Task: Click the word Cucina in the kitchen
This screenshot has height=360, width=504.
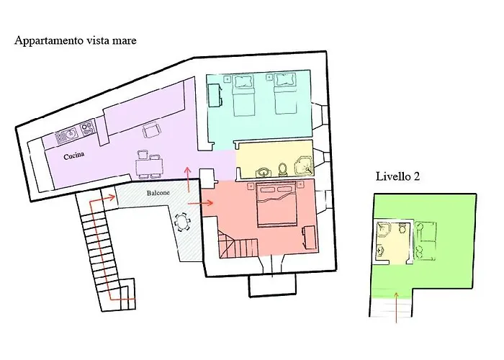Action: coord(74,156)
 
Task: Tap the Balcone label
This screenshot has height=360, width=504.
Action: coord(158,193)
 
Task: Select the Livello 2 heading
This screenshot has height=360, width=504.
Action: coord(398,176)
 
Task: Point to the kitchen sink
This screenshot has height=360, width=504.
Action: coord(67,136)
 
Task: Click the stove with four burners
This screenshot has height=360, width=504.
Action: coord(87,127)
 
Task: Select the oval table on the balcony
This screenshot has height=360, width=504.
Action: coord(182,222)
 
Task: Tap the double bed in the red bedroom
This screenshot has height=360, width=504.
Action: coord(276,204)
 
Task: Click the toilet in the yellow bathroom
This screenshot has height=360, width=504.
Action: coord(283,169)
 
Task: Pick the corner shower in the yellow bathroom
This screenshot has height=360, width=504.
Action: coord(304,166)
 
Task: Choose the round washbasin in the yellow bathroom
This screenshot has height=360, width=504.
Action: coord(263,172)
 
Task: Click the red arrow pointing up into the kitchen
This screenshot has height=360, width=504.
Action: coord(188,179)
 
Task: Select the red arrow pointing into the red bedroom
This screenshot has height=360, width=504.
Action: coord(201,203)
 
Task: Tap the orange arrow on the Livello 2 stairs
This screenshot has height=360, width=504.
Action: coord(396,307)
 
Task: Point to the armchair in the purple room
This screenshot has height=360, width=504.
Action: coord(152,130)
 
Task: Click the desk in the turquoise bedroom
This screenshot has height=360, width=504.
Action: coord(215,95)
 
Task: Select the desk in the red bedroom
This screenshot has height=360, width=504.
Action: coord(309,237)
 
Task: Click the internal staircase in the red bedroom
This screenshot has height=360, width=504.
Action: coord(238,243)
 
